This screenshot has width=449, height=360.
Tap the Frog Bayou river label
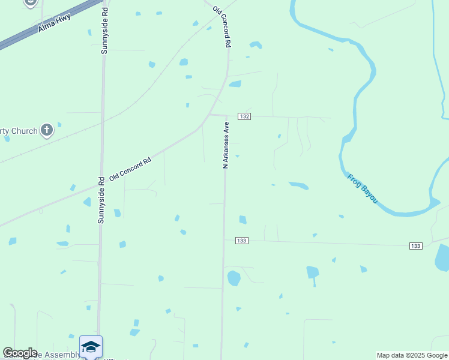coord(363,188)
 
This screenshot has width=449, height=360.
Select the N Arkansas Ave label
coord(226,145)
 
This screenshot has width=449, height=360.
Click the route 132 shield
coord(244,116)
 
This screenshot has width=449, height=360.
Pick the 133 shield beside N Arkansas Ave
coord(241,241)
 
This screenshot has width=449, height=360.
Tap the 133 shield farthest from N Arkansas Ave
coord(416,246)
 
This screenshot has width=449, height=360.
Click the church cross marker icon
coord(47,130)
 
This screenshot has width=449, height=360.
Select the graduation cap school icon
coord(91,347)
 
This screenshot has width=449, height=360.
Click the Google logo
coord(20,353)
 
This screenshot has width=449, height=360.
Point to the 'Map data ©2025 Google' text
coord(412,355)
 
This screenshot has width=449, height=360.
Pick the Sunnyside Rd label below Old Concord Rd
coord(101,200)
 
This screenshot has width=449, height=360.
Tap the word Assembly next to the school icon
coord(58,355)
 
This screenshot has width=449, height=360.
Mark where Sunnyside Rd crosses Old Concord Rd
coord(101,185)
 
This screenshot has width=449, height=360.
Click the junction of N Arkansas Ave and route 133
coord(224,241)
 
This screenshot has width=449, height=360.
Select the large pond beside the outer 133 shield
coord(442,257)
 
